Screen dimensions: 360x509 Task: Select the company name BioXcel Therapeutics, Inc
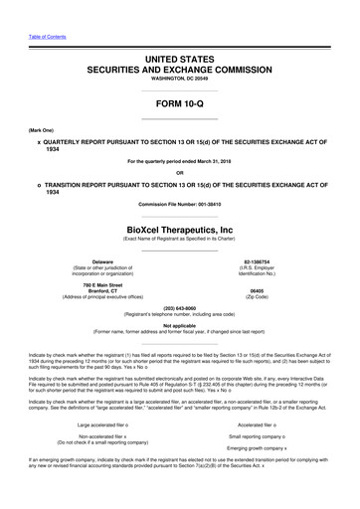180,227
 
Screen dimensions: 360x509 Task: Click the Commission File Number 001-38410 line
180,205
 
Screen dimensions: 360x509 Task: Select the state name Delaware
95,261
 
